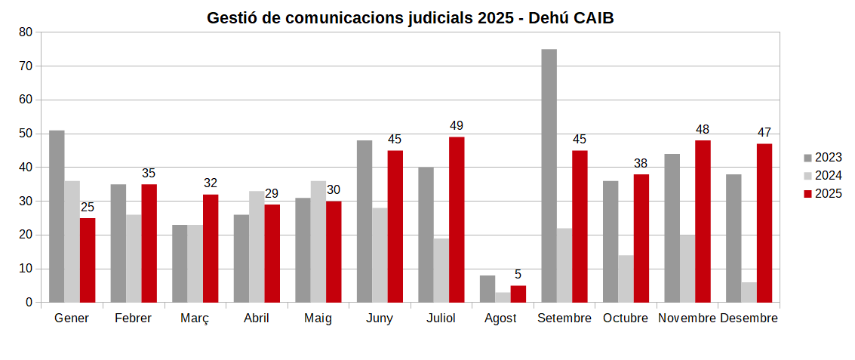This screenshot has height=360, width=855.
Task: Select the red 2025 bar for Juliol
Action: point(457,220)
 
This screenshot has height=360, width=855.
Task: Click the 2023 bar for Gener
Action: point(57,217)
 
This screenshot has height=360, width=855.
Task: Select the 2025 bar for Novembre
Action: point(703,221)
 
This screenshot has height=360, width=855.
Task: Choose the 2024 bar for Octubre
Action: point(626,279)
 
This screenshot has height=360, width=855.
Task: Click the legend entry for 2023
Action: point(822,158)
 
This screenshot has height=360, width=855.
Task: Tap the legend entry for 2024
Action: point(822,176)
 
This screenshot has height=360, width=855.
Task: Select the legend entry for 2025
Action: point(822,194)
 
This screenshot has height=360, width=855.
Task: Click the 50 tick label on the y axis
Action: point(26,134)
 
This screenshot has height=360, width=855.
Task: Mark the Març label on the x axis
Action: point(195,318)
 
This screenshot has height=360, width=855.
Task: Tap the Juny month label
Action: point(379,318)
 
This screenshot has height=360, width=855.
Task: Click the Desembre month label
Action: point(749,318)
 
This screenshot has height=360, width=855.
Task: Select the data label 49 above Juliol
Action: point(457,126)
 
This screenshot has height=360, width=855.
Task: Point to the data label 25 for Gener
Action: point(88,208)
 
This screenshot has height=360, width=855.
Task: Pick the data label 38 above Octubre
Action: point(641,164)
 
